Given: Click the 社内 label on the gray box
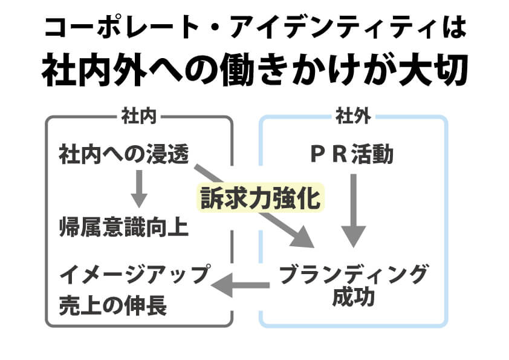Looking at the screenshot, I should tap(139, 116).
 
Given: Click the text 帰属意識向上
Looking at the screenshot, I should tap(124, 227).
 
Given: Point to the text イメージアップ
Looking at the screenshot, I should tap(134, 276).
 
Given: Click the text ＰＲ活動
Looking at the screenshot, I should tap(352, 155).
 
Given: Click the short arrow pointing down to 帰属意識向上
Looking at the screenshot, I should tap(140, 189).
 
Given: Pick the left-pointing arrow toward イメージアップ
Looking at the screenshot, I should tap(242, 284).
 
